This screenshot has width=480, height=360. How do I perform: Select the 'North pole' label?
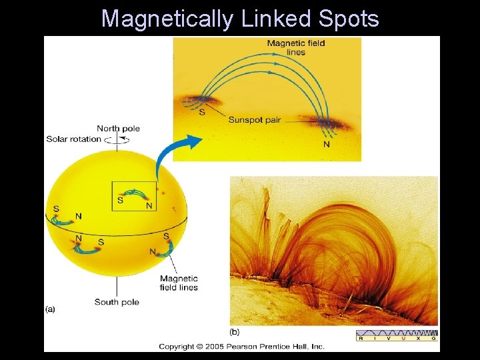click(x=118, y=129)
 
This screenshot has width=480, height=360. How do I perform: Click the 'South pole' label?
click(x=117, y=302)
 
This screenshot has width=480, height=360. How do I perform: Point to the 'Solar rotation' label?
click(x=73, y=139)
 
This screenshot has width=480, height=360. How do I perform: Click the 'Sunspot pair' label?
click(x=254, y=120)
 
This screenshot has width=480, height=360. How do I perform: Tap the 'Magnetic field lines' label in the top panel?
click(x=295, y=48)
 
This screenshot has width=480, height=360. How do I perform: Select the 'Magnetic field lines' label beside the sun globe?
click(x=179, y=283)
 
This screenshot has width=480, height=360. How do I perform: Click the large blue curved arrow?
click(x=175, y=155)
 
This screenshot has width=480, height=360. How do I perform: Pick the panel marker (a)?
click(x=51, y=309)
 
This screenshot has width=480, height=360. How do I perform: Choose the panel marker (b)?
click(x=235, y=331)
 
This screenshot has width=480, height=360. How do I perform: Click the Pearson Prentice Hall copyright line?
click(x=241, y=346)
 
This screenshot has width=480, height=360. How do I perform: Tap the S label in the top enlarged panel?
click(x=202, y=112)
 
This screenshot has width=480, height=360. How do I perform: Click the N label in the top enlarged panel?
click(x=326, y=144)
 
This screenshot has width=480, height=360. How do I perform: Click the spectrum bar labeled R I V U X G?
click(x=397, y=335)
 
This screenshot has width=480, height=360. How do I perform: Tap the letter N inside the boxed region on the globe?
click(x=149, y=205)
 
